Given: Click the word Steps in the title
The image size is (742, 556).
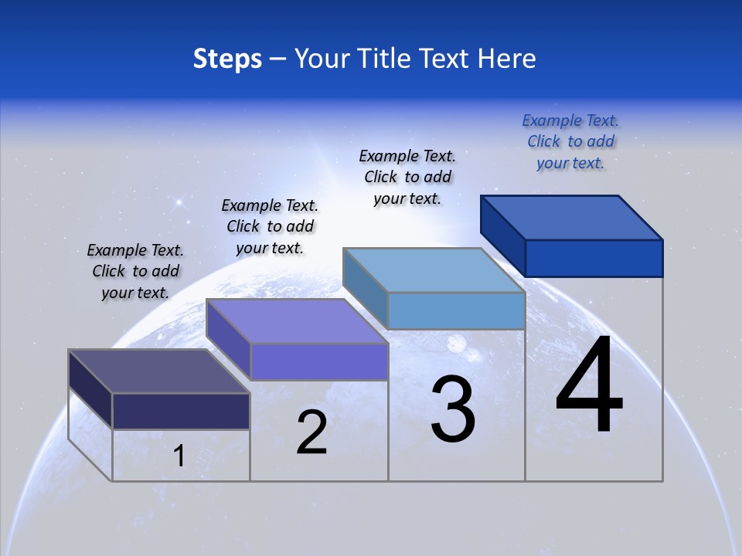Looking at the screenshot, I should pyautogui.click(x=227, y=59).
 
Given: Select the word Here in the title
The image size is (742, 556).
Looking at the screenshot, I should pyautogui.click(x=507, y=59).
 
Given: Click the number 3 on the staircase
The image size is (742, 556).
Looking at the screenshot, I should pyautogui.click(x=453, y=409).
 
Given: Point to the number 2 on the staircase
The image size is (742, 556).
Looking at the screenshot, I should pyautogui.click(x=311, y=432).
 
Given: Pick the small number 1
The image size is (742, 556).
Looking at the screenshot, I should pyautogui.click(x=179, y=456).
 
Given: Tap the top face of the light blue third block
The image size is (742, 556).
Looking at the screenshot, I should pyautogui.click(x=433, y=270).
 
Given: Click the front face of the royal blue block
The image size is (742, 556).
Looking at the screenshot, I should pyautogui.click(x=594, y=258).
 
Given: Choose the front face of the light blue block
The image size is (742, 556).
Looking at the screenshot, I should pyautogui.click(x=456, y=311).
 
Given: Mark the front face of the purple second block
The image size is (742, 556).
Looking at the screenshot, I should pyautogui.click(x=318, y=361).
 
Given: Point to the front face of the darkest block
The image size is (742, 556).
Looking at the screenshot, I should pyautogui.click(x=181, y=411).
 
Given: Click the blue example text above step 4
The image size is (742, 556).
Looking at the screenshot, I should pyautogui.click(x=570, y=142).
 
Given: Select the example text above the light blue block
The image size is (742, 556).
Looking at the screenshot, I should pyautogui.click(x=407, y=177).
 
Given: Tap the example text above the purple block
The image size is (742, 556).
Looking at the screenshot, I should pyautogui.click(x=270, y=226).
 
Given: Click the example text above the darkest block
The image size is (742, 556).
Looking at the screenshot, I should pyautogui.click(x=135, y=271).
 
